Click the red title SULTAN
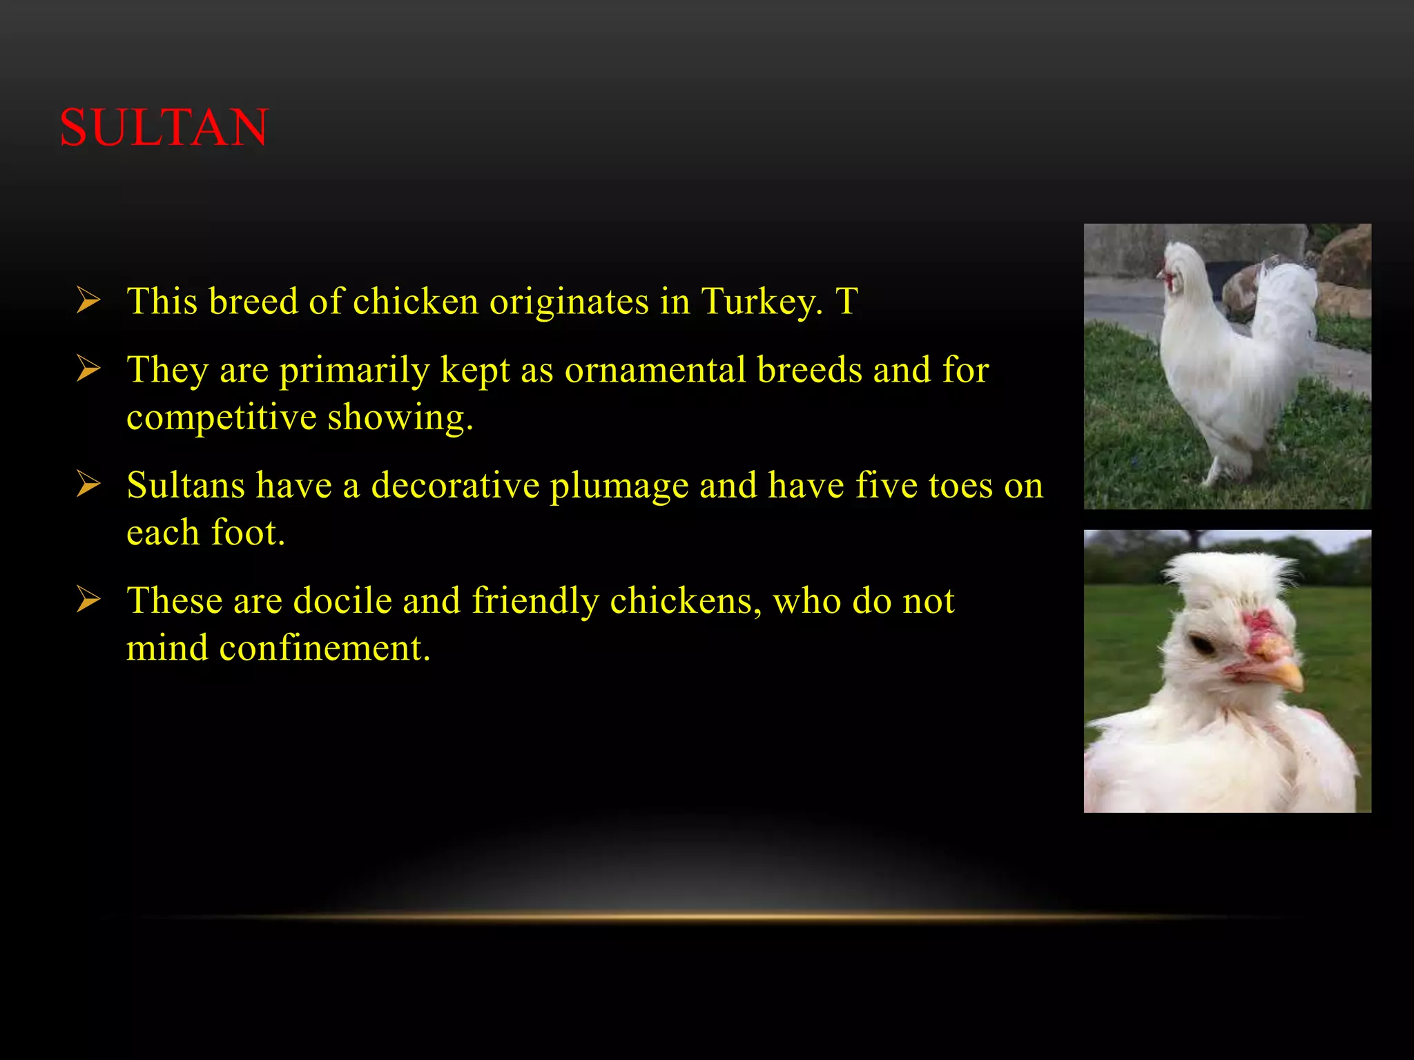[164, 128]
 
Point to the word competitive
[221, 417]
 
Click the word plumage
[619, 485]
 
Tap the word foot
[247, 532]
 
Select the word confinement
[325, 647]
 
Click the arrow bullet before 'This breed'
[88, 301]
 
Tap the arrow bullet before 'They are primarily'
[88, 369]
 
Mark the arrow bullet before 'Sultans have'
[88, 484]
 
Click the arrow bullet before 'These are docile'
[88, 599]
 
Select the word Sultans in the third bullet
[186, 485]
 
